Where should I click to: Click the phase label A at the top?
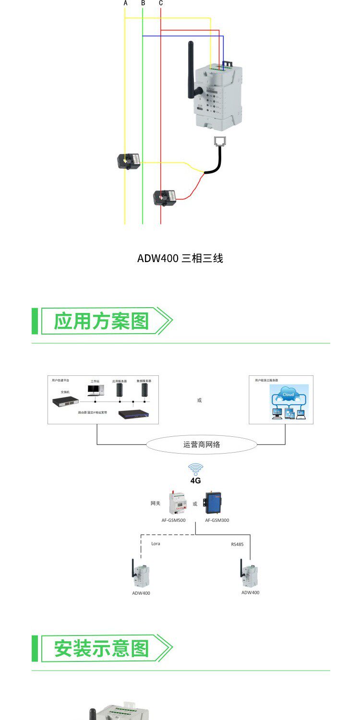coord(126,3)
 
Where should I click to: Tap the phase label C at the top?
coord(161,3)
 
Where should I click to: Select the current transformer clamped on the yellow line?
coord(130,160)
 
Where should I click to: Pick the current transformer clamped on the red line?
coord(164,197)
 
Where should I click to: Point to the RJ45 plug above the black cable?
coord(221,141)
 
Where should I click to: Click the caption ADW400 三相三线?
coord(180,258)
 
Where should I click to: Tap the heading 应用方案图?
coord(101,321)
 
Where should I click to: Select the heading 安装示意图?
coord(101,648)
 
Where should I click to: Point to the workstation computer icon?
coord(95,391)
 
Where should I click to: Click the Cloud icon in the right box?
coord(288,396)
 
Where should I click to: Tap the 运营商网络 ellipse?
coord(202,444)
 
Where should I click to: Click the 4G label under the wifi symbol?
coord(195,480)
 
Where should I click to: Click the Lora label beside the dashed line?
coord(156,543)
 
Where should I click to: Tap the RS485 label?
coord(238,544)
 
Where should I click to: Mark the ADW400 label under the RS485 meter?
coord(250,592)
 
